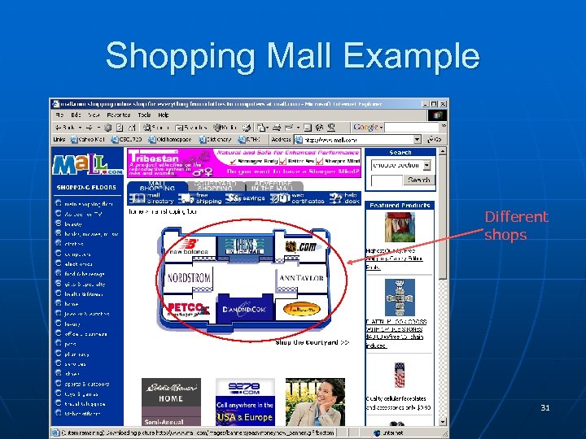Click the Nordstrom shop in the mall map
pos(190,278)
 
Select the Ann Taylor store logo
pos(301,278)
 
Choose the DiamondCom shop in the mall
pos(246,309)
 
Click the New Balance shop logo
pos(188,247)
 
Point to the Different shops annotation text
pos(516,226)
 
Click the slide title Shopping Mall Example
pos(292,56)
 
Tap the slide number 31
pos(544,407)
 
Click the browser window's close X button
pos(443,104)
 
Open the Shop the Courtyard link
pos(312,342)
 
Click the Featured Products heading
pos(400,206)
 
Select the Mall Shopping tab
pos(157,187)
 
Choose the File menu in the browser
pos(59,115)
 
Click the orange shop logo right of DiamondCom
pos(300,309)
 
